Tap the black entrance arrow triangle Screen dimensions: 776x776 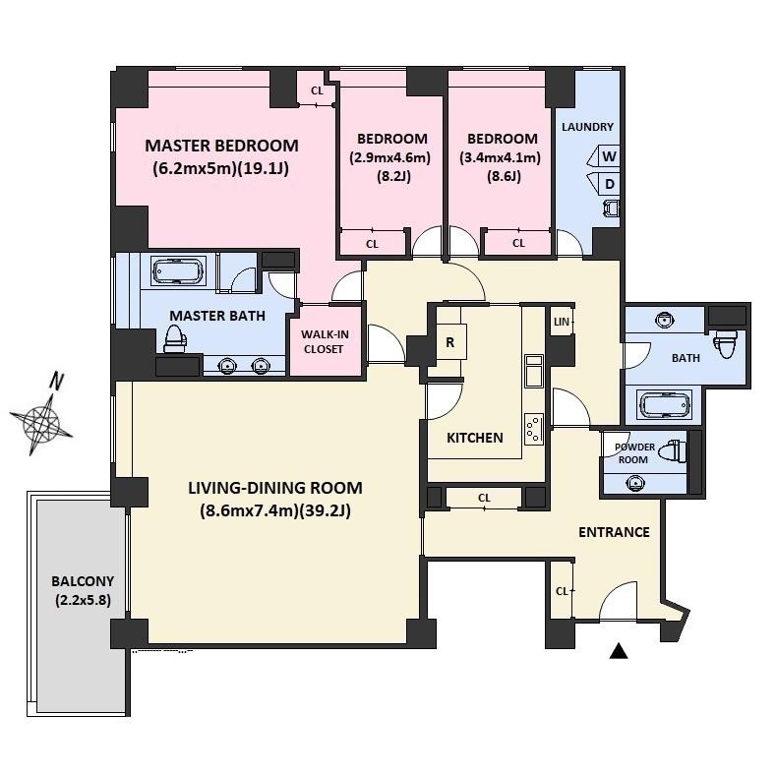tap(618, 651)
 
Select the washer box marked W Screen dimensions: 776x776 tap(604, 156)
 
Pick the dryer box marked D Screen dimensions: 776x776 tap(604, 184)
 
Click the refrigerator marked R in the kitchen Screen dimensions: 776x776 tap(450, 342)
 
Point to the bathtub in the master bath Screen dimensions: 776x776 tap(179, 271)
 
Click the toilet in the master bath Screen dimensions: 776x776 tap(174, 338)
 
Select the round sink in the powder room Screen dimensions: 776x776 tap(635, 482)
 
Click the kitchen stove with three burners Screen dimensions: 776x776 tap(533, 429)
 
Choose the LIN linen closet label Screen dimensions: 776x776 tap(562, 322)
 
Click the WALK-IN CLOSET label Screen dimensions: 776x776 tap(325, 341)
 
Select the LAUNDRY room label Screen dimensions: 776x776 tap(587, 127)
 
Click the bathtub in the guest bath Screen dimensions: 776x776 tap(664, 404)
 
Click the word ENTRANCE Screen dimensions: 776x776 tap(614, 532)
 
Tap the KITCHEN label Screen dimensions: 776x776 tap(475, 438)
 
